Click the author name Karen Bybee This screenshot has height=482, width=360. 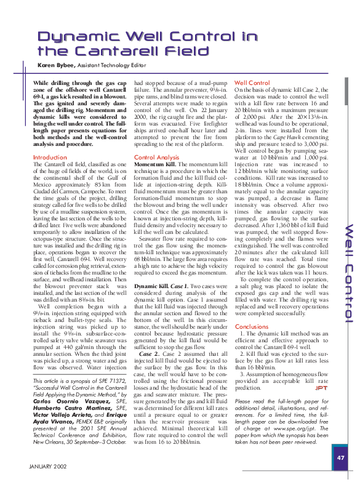click(57, 65)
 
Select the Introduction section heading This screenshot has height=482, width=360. click(50, 158)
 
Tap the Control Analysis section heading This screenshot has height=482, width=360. click(156, 158)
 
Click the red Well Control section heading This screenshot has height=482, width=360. click(252, 82)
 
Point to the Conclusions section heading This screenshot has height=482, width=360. click(252, 327)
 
